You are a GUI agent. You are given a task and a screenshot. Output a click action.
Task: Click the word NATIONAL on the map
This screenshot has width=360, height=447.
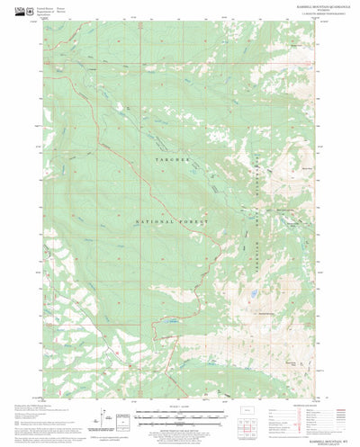point(151,221)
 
